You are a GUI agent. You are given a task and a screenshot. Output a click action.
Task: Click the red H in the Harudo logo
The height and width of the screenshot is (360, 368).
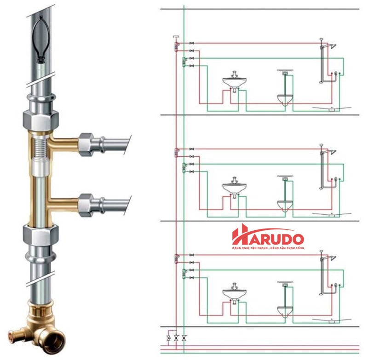point(241,235)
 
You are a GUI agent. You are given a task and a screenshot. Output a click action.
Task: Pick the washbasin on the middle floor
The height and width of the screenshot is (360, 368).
point(235,188)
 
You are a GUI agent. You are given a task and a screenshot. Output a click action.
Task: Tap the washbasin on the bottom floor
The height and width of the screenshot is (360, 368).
point(235,293)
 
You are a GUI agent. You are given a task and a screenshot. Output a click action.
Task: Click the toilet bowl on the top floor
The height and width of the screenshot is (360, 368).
point(285,99)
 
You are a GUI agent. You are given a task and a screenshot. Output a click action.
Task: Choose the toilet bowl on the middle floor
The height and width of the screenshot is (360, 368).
point(285,204)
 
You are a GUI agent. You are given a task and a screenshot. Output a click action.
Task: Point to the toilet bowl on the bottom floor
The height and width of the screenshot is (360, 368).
point(285,310)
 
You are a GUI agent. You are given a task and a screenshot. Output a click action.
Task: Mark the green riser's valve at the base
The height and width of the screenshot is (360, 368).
point(184,338)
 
